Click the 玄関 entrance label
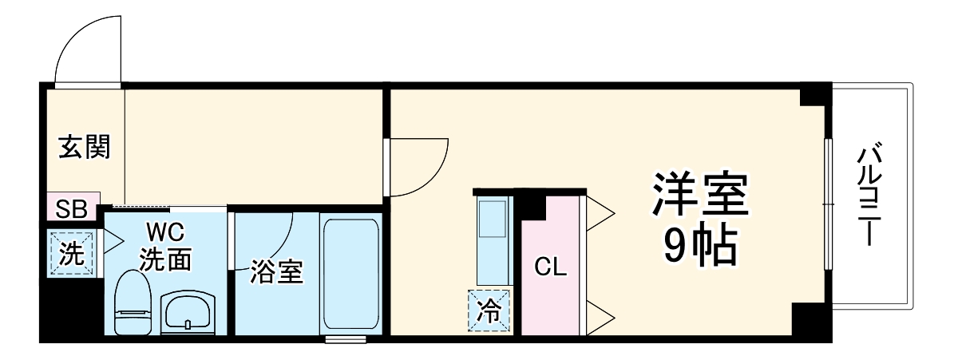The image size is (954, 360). pos(84,147)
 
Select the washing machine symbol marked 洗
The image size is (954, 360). pos(71,254)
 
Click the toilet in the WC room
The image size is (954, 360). pos(133,303)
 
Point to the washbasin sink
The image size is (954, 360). pos(188,311)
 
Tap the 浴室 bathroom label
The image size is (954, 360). pos(276,271)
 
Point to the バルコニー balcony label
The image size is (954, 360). pos(869,196)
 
